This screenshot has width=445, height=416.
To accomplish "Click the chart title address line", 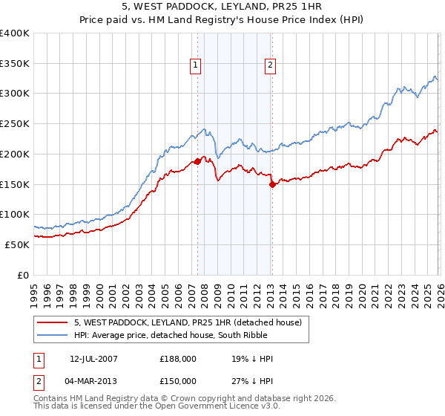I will click(x=222, y=7).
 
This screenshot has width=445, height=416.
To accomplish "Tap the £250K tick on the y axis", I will click(x=15, y=124).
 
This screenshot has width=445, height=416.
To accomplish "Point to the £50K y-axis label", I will click(x=17, y=244).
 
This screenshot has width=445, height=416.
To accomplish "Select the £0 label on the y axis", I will click(x=24, y=275).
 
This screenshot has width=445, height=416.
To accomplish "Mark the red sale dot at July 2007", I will click(x=197, y=160).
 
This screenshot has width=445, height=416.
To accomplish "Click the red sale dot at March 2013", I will click(x=271, y=184).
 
